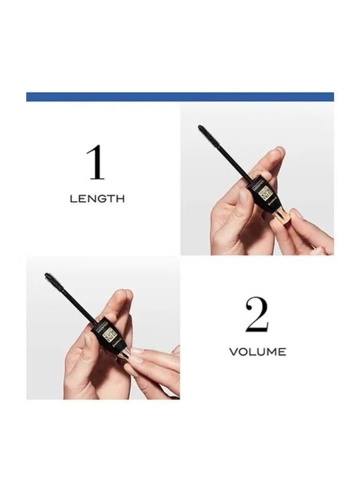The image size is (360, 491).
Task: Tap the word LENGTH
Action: click(x=97, y=199)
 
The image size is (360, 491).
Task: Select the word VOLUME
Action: click(x=257, y=352)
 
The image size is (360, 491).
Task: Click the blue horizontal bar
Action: click(x=180, y=97)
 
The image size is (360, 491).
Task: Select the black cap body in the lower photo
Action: click(x=106, y=332)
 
